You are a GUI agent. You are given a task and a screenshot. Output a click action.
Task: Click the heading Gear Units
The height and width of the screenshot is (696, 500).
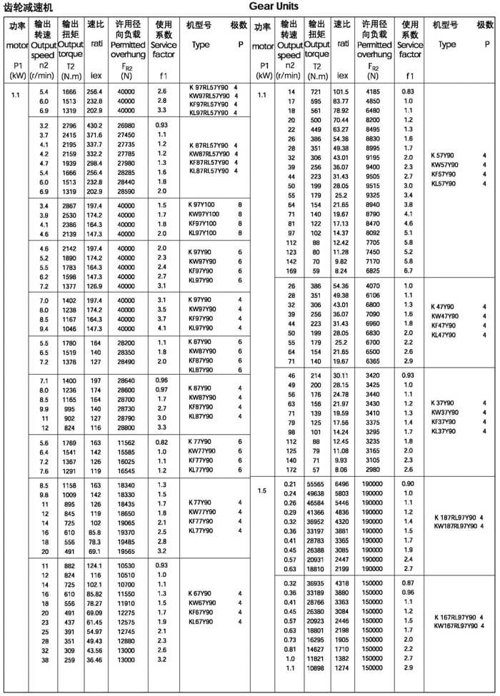(x=274, y=6)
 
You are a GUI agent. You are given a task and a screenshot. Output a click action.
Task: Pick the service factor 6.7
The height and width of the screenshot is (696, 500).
(x=408, y=271)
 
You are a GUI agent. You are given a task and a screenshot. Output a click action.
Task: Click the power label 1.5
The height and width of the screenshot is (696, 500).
(x=262, y=490)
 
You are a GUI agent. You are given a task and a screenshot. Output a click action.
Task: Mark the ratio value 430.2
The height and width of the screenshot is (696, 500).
(x=94, y=126)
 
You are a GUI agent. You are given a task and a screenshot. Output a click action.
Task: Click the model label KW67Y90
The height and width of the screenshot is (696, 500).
(x=204, y=602)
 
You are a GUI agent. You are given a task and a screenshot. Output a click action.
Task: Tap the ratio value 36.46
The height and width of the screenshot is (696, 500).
(x=94, y=660)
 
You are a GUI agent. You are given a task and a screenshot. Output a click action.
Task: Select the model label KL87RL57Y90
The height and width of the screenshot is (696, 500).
(x=208, y=171)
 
